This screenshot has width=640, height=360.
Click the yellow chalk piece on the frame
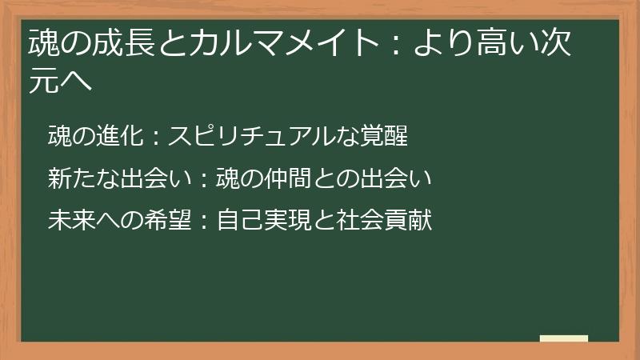(564, 338)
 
